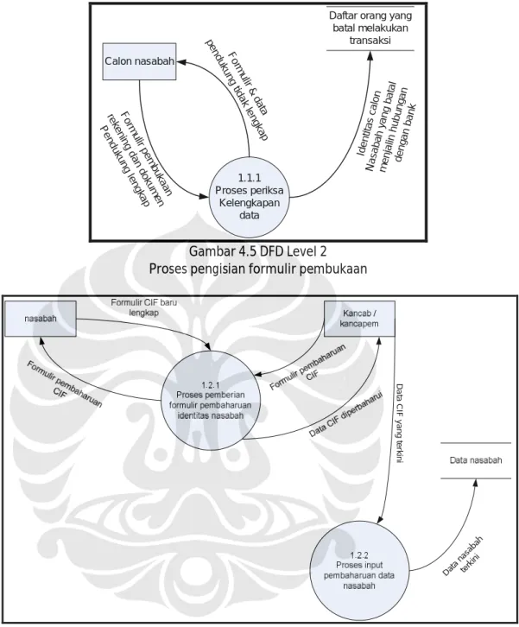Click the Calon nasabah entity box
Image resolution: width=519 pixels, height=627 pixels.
click(x=139, y=61)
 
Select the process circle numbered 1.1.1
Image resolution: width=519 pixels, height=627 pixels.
click(x=250, y=196)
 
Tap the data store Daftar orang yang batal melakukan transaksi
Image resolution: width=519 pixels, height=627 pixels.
click(x=370, y=28)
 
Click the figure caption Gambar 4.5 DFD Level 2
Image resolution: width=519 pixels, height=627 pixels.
click(x=257, y=251)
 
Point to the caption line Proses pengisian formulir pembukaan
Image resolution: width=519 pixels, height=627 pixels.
click(x=258, y=269)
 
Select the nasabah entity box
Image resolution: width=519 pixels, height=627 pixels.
click(x=41, y=319)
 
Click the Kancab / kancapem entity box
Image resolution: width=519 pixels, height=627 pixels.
click(x=359, y=319)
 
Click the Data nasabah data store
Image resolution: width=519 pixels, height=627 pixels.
click(x=476, y=460)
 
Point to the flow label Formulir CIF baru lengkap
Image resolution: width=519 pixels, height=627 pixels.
click(x=144, y=307)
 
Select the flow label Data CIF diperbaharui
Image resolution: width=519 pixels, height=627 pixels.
click(x=346, y=415)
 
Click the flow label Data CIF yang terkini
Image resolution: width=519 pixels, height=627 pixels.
click(x=399, y=423)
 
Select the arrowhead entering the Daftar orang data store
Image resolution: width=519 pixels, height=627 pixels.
click(x=370, y=56)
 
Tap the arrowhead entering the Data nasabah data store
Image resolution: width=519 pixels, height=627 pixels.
click(x=476, y=483)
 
